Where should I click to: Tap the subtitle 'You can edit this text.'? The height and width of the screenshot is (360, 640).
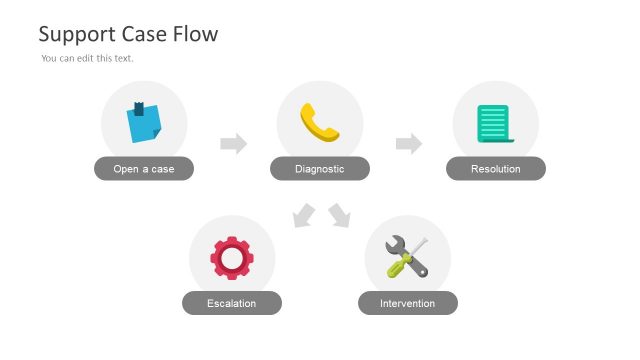tap(87, 58)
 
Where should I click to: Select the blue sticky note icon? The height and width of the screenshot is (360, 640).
tap(144, 123)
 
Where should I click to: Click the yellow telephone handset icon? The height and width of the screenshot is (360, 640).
tap(320, 122)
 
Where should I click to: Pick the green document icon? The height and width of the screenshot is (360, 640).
tap(494, 123)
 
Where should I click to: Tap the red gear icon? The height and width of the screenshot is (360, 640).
tap(232, 257)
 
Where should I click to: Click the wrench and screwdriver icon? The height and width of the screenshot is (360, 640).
tap(407, 257)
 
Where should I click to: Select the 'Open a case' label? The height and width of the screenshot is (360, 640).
tap(144, 169)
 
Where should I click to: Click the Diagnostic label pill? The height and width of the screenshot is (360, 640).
tap(320, 169)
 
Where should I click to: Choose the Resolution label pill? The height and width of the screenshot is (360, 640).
tap(496, 169)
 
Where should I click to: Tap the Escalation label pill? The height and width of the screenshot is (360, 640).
tap(232, 303)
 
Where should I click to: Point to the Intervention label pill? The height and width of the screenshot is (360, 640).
tap(408, 303)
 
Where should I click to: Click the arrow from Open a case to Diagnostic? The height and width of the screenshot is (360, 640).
tap(233, 144)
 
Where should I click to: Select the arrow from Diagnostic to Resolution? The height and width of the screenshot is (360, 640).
tap(408, 144)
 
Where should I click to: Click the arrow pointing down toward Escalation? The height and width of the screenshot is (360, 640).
tap(303, 215)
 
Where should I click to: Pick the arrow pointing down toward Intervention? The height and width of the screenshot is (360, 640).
tap(340, 215)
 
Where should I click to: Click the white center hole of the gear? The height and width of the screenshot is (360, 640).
tap(232, 258)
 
